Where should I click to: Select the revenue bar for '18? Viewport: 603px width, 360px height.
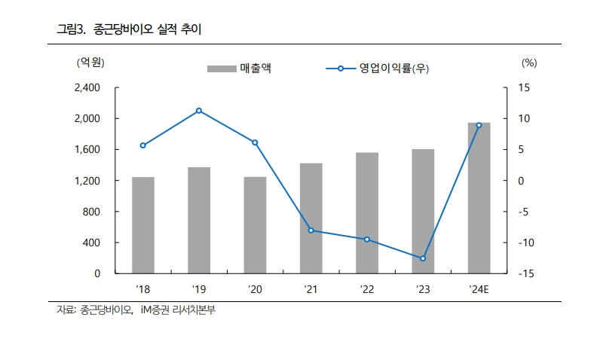[143, 225]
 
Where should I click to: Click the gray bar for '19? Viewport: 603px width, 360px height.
[199, 220]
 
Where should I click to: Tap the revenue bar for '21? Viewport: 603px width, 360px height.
[311, 218]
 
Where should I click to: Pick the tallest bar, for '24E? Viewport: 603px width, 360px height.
[479, 198]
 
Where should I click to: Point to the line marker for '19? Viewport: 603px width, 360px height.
[199, 111]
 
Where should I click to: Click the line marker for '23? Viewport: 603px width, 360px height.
[423, 258]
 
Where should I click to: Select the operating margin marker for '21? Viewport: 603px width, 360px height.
[311, 230]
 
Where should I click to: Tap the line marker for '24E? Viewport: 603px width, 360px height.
[479, 125]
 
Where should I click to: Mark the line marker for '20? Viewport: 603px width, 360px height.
[255, 142]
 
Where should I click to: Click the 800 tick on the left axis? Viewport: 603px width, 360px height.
[92, 212]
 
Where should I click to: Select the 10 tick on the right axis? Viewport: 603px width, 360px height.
[524, 119]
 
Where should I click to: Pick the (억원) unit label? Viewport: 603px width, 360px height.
[90, 63]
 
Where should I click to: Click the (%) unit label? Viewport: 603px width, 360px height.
[528, 63]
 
